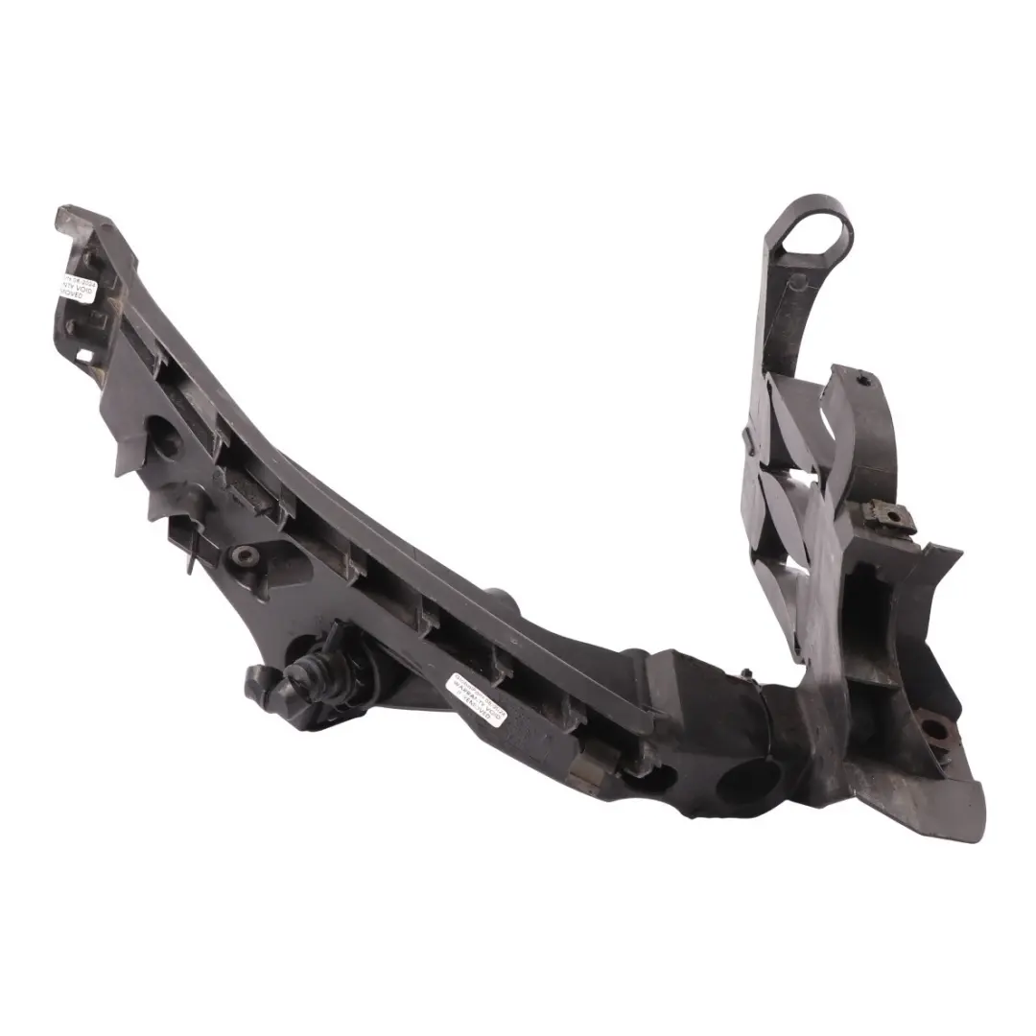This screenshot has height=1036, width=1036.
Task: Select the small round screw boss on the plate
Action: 247,555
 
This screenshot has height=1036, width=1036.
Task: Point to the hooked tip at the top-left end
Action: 72,217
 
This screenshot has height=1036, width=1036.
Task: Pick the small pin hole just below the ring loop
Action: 795,282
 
